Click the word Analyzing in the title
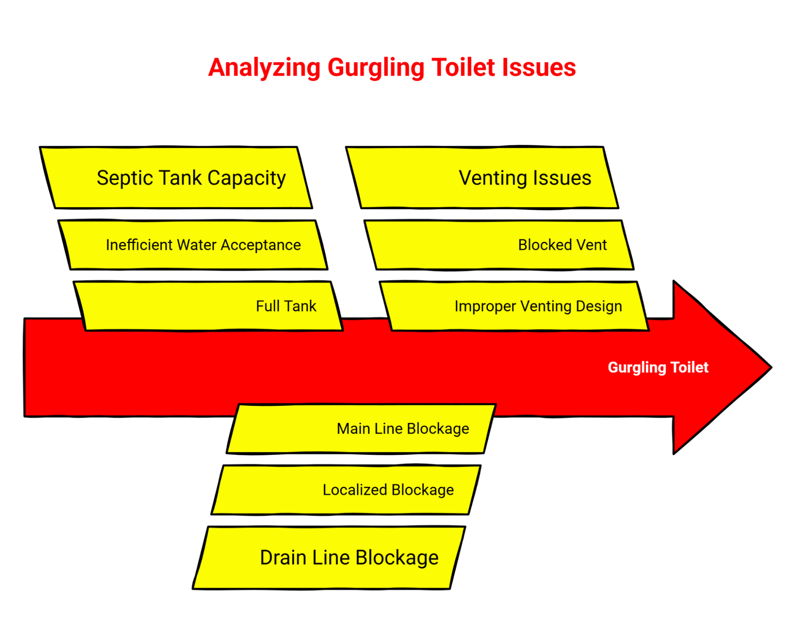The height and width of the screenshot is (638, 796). pyautogui.click(x=264, y=68)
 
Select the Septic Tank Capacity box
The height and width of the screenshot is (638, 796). pyautogui.click(x=176, y=178)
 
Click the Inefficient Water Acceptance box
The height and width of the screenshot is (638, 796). pyautogui.click(x=193, y=245)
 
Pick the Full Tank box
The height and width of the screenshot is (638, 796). pyautogui.click(x=208, y=306)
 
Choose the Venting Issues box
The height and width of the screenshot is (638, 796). pyautogui.click(x=482, y=178)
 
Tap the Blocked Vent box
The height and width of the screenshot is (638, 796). pyautogui.click(x=499, y=245)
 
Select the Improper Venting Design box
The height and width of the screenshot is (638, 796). pyautogui.click(x=514, y=306)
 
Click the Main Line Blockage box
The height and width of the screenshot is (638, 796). pyautogui.click(x=361, y=429)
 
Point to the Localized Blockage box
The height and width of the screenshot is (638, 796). pyautogui.click(x=346, y=489)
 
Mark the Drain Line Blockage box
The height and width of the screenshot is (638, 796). pyautogui.click(x=329, y=557)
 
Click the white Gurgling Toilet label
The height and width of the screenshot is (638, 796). pyautogui.click(x=658, y=367)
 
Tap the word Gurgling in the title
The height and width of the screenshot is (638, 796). pyautogui.click(x=375, y=68)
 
